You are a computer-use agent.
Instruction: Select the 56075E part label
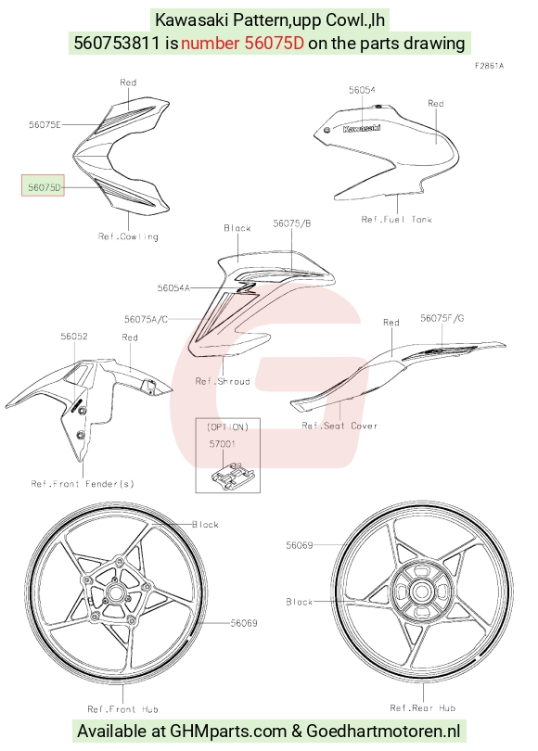(x=45, y=125)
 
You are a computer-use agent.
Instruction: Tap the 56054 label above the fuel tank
(x=362, y=90)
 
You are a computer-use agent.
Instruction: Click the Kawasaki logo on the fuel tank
(x=362, y=128)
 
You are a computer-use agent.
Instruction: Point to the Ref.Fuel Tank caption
(x=397, y=220)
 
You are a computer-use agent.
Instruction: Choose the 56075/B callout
(x=292, y=223)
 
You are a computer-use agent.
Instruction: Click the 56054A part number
(x=173, y=287)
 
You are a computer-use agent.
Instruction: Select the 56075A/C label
(x=147, y=319)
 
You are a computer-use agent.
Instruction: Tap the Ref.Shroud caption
(x=223, y=381)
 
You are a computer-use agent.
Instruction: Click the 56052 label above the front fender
(x=74, y=337)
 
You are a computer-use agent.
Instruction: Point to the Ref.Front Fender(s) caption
(x=83, y=484)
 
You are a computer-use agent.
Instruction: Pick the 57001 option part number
(x=222, y=444)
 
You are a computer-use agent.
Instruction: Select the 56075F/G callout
(x=442, y=318)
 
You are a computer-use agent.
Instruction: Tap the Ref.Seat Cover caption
(x=339, y=426)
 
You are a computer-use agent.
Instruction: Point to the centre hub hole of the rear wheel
(x=421, y=592)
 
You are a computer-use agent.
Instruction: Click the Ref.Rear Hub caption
(x=423, y=708)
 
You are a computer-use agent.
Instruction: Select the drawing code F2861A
(x=489, y=66)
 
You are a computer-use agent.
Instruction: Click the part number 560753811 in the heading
(x=117, y=43)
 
